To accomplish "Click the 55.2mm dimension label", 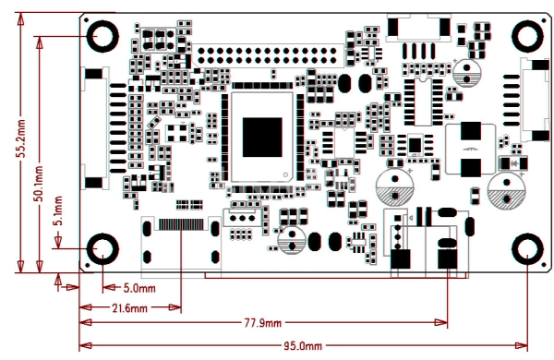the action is coord(21,138).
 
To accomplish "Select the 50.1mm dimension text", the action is coord(39,184).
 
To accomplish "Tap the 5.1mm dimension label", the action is coord(58,210).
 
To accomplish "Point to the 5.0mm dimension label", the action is coord(139,288).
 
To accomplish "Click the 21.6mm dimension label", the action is coord(129,308).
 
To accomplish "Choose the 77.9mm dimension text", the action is coord(263,323).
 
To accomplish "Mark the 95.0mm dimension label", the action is coord(303,346).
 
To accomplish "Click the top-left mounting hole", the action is coord(102,36).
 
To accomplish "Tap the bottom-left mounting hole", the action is coord(102,248).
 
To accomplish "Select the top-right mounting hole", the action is coord(527,36).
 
